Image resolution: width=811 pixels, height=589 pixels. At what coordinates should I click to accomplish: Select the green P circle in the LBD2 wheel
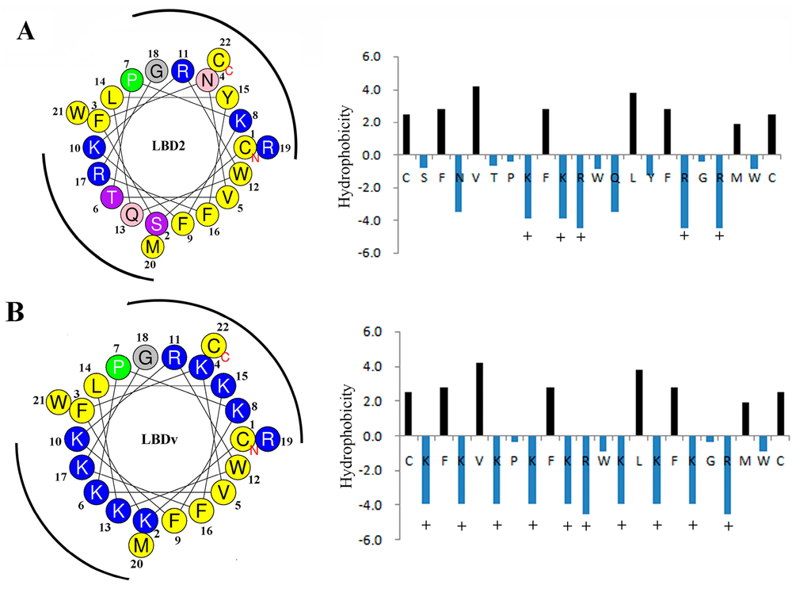pyautogui.click(x=132, y=78)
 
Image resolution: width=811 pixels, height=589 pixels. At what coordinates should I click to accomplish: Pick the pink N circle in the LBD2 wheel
pyautogui.click(x=207, y=78)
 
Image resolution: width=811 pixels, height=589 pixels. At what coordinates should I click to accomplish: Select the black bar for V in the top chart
pyautogui.click(x=476, y=120)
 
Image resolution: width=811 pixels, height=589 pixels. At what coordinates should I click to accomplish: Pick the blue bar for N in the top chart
pyautogui.click(x=459, y=183)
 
